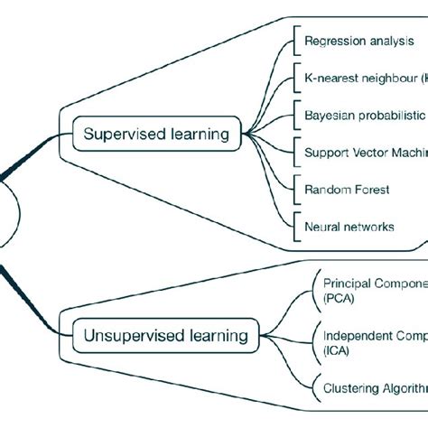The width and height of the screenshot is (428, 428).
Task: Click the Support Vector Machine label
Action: (366, 153)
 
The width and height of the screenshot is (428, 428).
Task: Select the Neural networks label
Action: (349, 227)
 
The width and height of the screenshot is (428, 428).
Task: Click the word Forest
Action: (372, 190)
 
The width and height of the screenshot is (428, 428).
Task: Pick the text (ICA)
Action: (337, 349)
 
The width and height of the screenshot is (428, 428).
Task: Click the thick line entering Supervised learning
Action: (36, 149)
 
